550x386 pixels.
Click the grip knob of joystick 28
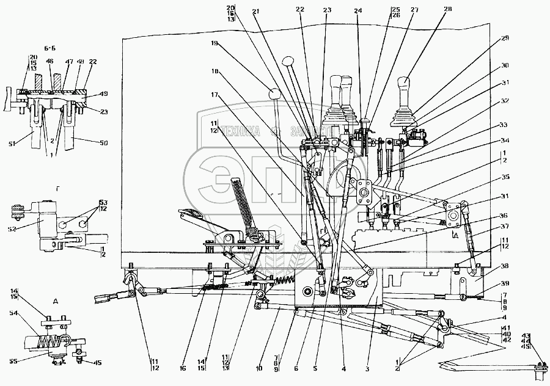(x=405, y=84)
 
